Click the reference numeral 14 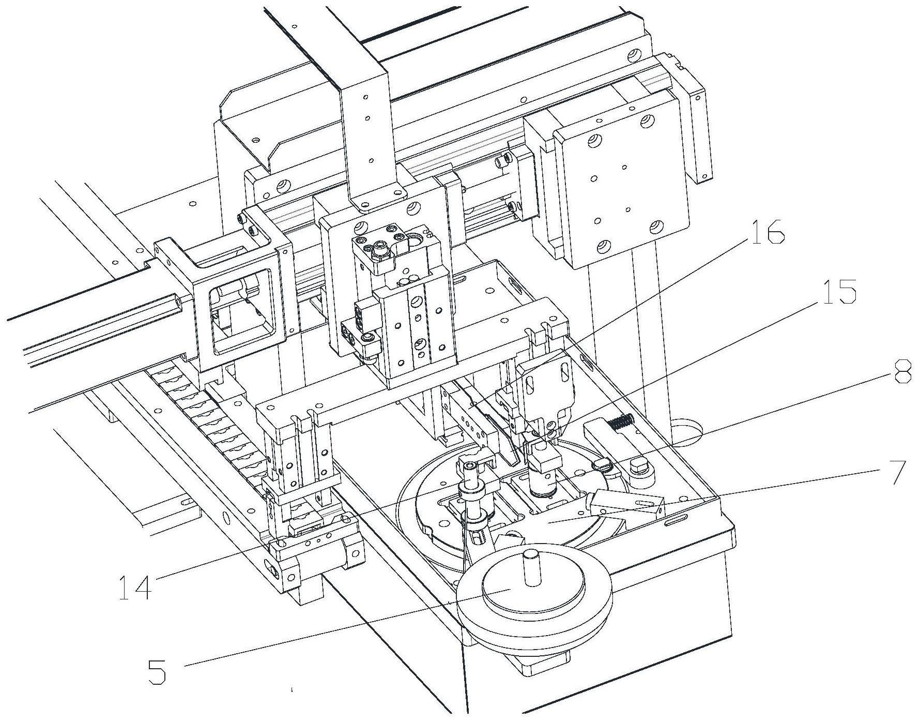[135, 587]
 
